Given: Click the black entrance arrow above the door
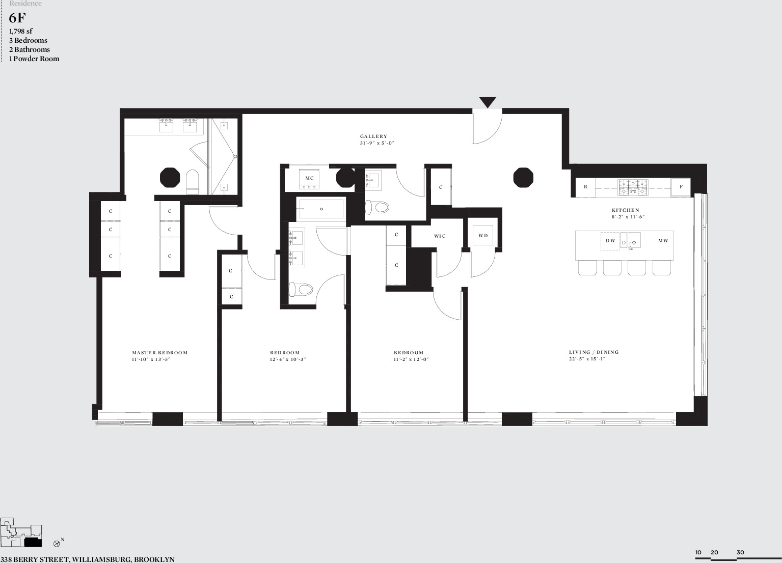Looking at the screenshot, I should click(x=488, y=102).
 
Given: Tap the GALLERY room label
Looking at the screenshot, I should click(x=374, y=136).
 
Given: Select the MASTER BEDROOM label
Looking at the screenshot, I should click(x=159, y=352).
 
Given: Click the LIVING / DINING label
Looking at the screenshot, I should click(x=594, y=352).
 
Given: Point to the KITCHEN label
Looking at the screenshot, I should click(x=625, y=210).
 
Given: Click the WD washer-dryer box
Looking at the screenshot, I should click(x=482, y=236).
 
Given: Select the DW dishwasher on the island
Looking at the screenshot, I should click(x=610, y=241).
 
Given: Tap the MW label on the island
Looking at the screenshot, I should click(x=663, y=240).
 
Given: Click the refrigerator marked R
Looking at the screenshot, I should click(x=585, y=187).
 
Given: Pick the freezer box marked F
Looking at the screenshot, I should click(x=681, y=187).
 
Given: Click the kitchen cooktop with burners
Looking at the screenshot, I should click(x=633, y=187).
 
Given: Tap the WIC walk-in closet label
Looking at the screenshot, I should click(x=440, y=236).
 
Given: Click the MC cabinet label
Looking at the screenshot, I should click(x=309, y=178).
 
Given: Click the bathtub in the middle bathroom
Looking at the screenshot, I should click(x=321, y=209).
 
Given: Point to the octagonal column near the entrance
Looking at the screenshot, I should click(x=523, y=177).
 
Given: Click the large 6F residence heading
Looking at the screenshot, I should click(x=17, y=18).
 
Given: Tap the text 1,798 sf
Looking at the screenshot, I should click(x=20, y=31).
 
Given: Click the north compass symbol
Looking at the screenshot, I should click(x=57, y=543).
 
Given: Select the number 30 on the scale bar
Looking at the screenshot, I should click(x=740, y=552).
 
